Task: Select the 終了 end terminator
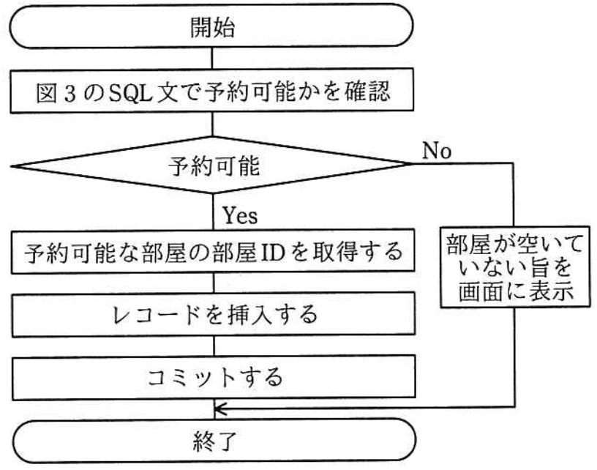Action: coord(213,441)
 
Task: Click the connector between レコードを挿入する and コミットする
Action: coord(213,348)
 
